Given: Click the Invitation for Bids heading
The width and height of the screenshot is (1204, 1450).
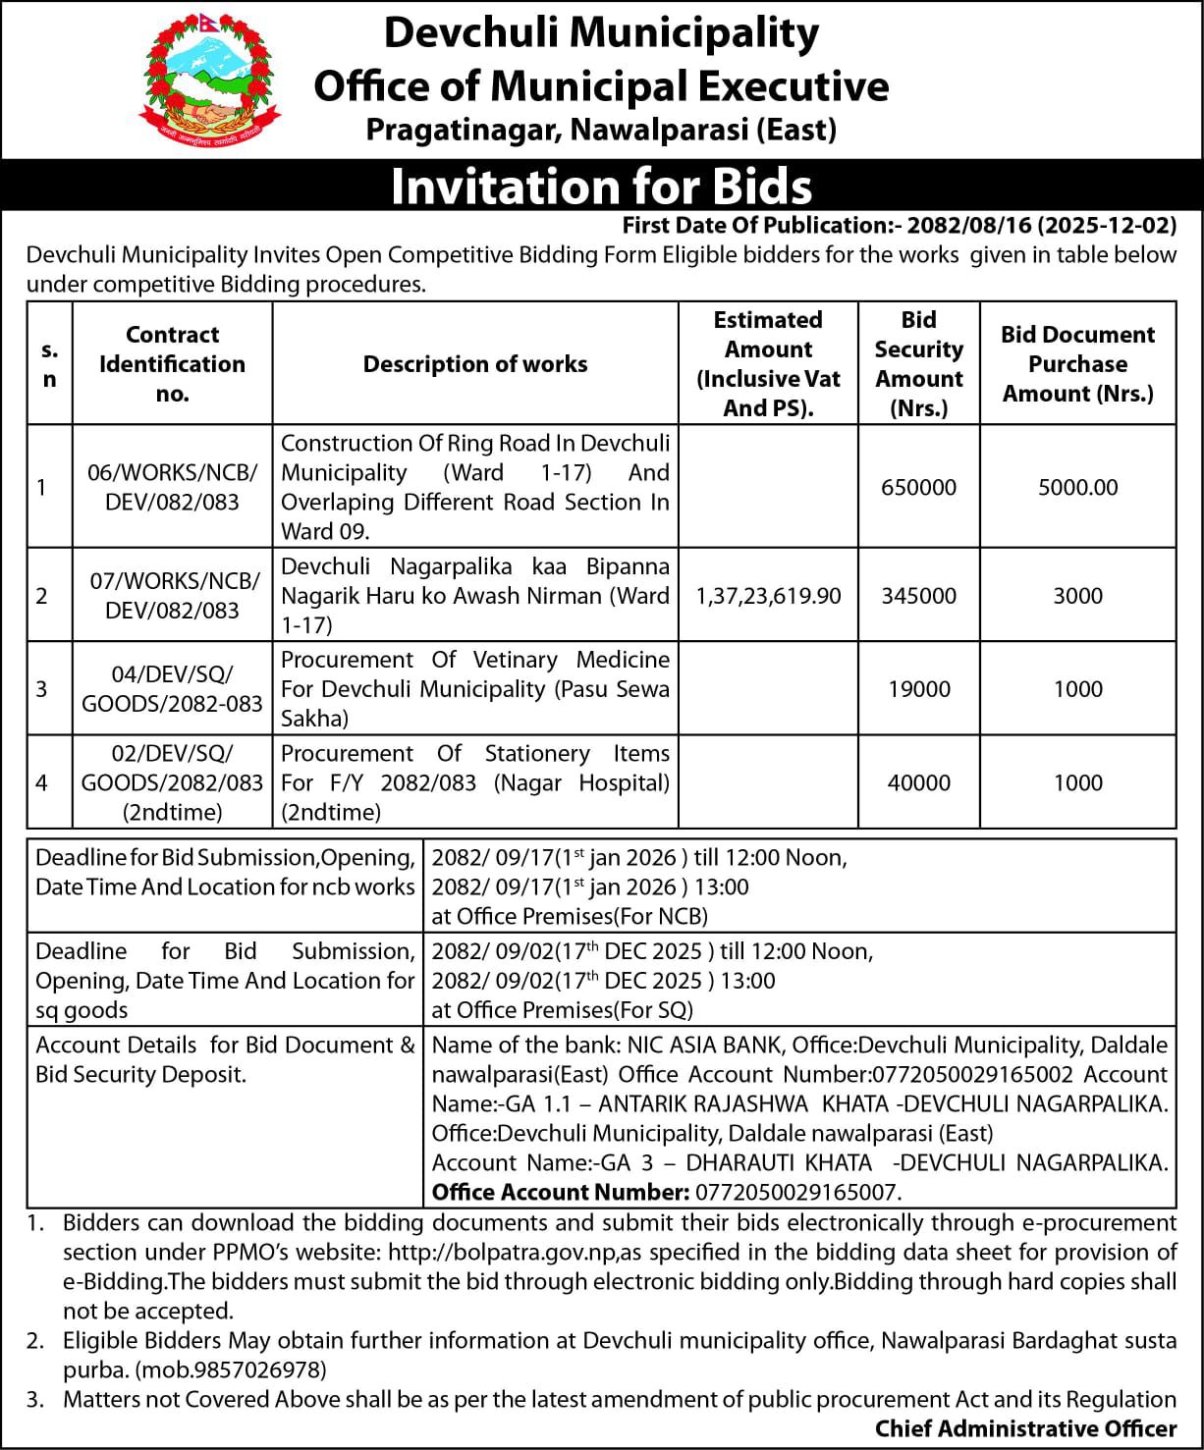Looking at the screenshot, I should pyautogui.click(x=601, y=187).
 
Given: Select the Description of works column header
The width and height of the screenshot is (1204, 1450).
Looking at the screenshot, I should pyautogui.click(x=475, y=364).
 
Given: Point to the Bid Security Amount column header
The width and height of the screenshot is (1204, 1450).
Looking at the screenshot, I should pyautogui.click(x=918, y=364).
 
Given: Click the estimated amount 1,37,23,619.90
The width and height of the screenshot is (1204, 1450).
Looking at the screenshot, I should pyautogui.click(x=768, y=596).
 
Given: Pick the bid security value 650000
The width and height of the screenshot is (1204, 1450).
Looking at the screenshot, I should pyautogui.click(x=918, y=487).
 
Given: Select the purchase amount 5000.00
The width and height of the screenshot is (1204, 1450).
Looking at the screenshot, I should pyautogui.click(x=1077, y=487).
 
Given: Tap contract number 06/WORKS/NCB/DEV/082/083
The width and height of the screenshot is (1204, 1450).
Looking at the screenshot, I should pyautogui.click(x=172, y=487).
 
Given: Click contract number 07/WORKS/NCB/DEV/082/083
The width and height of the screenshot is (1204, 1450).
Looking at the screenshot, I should pyautogui.click(x=173, y=596).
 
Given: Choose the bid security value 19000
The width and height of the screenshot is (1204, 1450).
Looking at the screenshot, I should pyautogui.click(x=918, y=689).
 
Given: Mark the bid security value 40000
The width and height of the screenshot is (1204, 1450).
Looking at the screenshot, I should pyautogui.click(x=918, y=782).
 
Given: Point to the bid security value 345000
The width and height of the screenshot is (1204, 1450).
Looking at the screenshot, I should pyautogui.click(x=918, y=596).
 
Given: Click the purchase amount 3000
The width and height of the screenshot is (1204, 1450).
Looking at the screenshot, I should pyautogui.click(x=1077, y=596).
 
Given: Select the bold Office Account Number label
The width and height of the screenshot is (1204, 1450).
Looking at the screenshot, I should pyautogui.click(x=561, y=1193).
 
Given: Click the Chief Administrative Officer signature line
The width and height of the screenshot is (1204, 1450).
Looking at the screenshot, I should pyautogui.click(x=1025, y=1428).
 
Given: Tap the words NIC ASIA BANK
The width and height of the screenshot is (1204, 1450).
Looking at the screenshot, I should pyautogui.click(x=703, y=1046).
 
